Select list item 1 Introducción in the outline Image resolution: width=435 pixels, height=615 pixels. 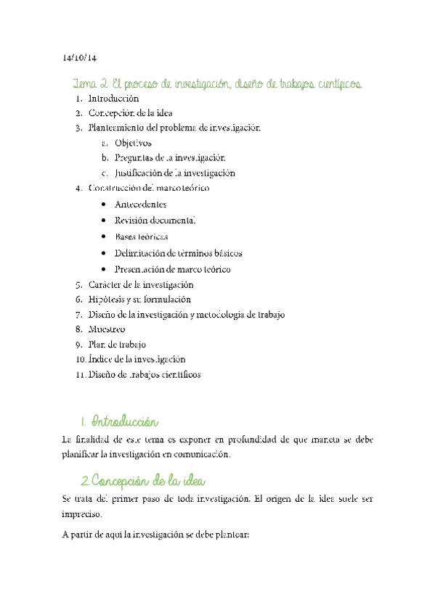tap(113, 98)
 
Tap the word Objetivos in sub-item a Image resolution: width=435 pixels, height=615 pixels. tap(134, 143)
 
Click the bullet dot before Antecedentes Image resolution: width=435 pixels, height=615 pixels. tap(106, 204)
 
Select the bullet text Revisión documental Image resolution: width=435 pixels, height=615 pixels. tap(155, 220)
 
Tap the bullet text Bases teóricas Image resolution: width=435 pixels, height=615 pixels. tap(142, 236)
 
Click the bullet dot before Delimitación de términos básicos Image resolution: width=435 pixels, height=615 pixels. tap(106, 253)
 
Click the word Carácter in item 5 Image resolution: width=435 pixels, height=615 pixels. tap(105, 284)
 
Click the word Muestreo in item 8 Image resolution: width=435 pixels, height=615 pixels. tap(107, 329)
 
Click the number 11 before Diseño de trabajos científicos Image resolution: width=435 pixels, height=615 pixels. tap(79, 374)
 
